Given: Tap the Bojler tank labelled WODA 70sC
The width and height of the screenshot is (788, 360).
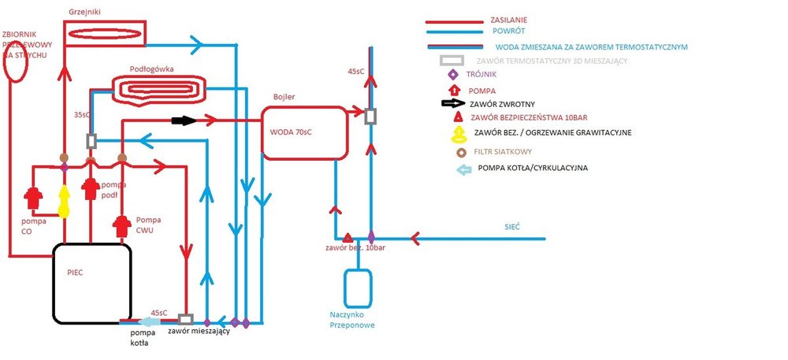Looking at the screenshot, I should coord(304,132).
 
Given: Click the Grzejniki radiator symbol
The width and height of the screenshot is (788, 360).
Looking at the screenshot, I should coord(105,32).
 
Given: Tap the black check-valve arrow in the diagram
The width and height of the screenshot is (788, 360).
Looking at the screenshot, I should coord(182,121).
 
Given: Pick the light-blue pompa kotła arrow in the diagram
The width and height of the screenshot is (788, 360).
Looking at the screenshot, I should coord(148,321).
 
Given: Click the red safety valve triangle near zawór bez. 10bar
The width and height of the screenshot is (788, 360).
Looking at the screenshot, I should coord(348,237).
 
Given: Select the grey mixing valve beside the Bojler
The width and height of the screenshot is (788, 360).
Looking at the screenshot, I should coord(370,116).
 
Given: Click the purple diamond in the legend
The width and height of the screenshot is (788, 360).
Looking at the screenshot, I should coord(452,75).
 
